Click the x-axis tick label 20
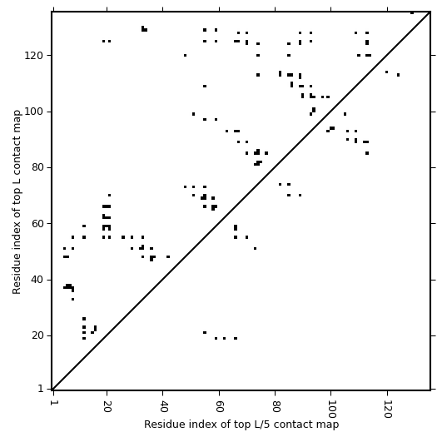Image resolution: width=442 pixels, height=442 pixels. coord(107,406)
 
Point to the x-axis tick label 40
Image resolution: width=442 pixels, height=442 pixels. coord(162,406)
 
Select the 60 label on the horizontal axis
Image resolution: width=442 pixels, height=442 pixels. coord(219,406)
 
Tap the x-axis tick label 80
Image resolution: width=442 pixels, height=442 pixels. coord(275,406)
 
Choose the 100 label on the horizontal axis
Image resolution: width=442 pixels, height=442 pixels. coord(330,409)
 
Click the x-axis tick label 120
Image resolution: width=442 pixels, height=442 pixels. coord(387,409)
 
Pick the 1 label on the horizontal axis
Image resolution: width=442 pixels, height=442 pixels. coord(53,403)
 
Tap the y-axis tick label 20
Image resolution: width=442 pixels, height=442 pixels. coord(37,335)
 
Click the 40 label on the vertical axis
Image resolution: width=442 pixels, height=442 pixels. coord(37,280)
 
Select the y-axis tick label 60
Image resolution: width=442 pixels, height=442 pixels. coord(37,224)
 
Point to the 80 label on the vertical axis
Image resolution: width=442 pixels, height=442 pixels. coord(37,167)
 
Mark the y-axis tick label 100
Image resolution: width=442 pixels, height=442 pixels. coord(34,112)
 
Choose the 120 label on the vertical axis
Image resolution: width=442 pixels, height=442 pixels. coord(34,56)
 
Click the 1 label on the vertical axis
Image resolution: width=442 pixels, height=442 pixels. coord(41,389)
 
